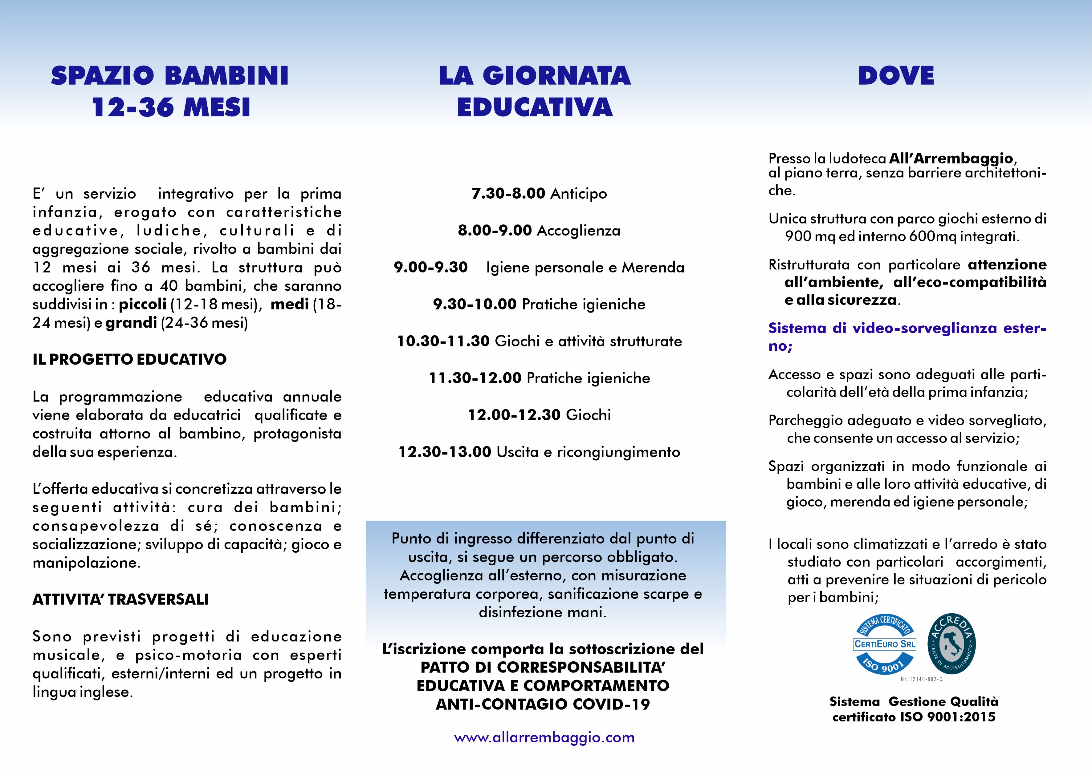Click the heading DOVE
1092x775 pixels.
click(x=896, y=76)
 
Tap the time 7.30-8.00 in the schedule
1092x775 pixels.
click(x=508, y=194)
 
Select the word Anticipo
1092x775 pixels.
click(x=579, y=194)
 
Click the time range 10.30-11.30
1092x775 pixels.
click(x=443, y=341)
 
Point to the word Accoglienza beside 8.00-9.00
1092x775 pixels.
click(x=579, y=231)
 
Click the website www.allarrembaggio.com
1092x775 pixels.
click(x=544, y=738)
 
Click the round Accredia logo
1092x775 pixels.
click(x=951, y=644)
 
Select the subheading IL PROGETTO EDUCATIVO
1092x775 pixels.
click(x=129, y=359)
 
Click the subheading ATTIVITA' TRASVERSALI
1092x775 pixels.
click(x=121, y=599)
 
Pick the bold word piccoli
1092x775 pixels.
click(x=143, y=304)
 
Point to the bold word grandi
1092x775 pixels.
click(x=131, y=323)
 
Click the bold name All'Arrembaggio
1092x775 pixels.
click(x=951, y=159)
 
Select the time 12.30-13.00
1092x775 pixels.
click(x=445, y=452)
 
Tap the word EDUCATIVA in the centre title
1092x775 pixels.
click(x=535, y=107)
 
